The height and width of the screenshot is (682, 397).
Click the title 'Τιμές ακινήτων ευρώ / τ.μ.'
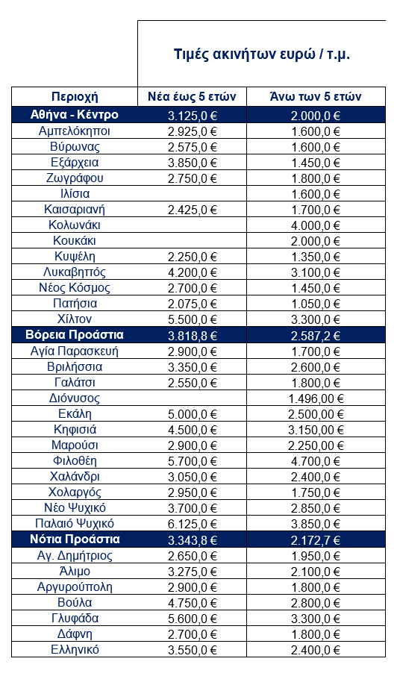pyautogui.click(x=261, y=54)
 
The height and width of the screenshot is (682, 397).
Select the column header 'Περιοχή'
pyautogui.click(x=75, y=96)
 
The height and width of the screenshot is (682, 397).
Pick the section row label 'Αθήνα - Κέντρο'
pyautogui.click(x=75, y=115)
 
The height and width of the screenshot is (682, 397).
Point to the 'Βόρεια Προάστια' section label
pyautogui.click(x=75, y=335)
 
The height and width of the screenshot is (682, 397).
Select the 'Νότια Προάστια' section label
pyautogui.click(x=75, y=539)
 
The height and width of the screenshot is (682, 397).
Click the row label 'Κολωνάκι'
pyautogui.click(x=75, y=225)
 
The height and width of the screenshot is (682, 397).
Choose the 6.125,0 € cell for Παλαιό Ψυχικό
pyautogui.click(x=193, y=524)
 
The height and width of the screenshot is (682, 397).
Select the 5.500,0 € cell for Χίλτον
pyautogui.click(x=193, y=319)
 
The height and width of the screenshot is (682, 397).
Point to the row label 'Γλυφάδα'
pyautogui.click(x=75, y=618)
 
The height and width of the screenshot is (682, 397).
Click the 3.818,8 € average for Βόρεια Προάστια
pyautogui.click(x=193, y=335)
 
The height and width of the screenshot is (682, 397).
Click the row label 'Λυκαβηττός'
pyautogui.click(x=75, y=272)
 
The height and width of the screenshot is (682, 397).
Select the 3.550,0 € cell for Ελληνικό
pyautogui.click(x=193, y=649)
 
